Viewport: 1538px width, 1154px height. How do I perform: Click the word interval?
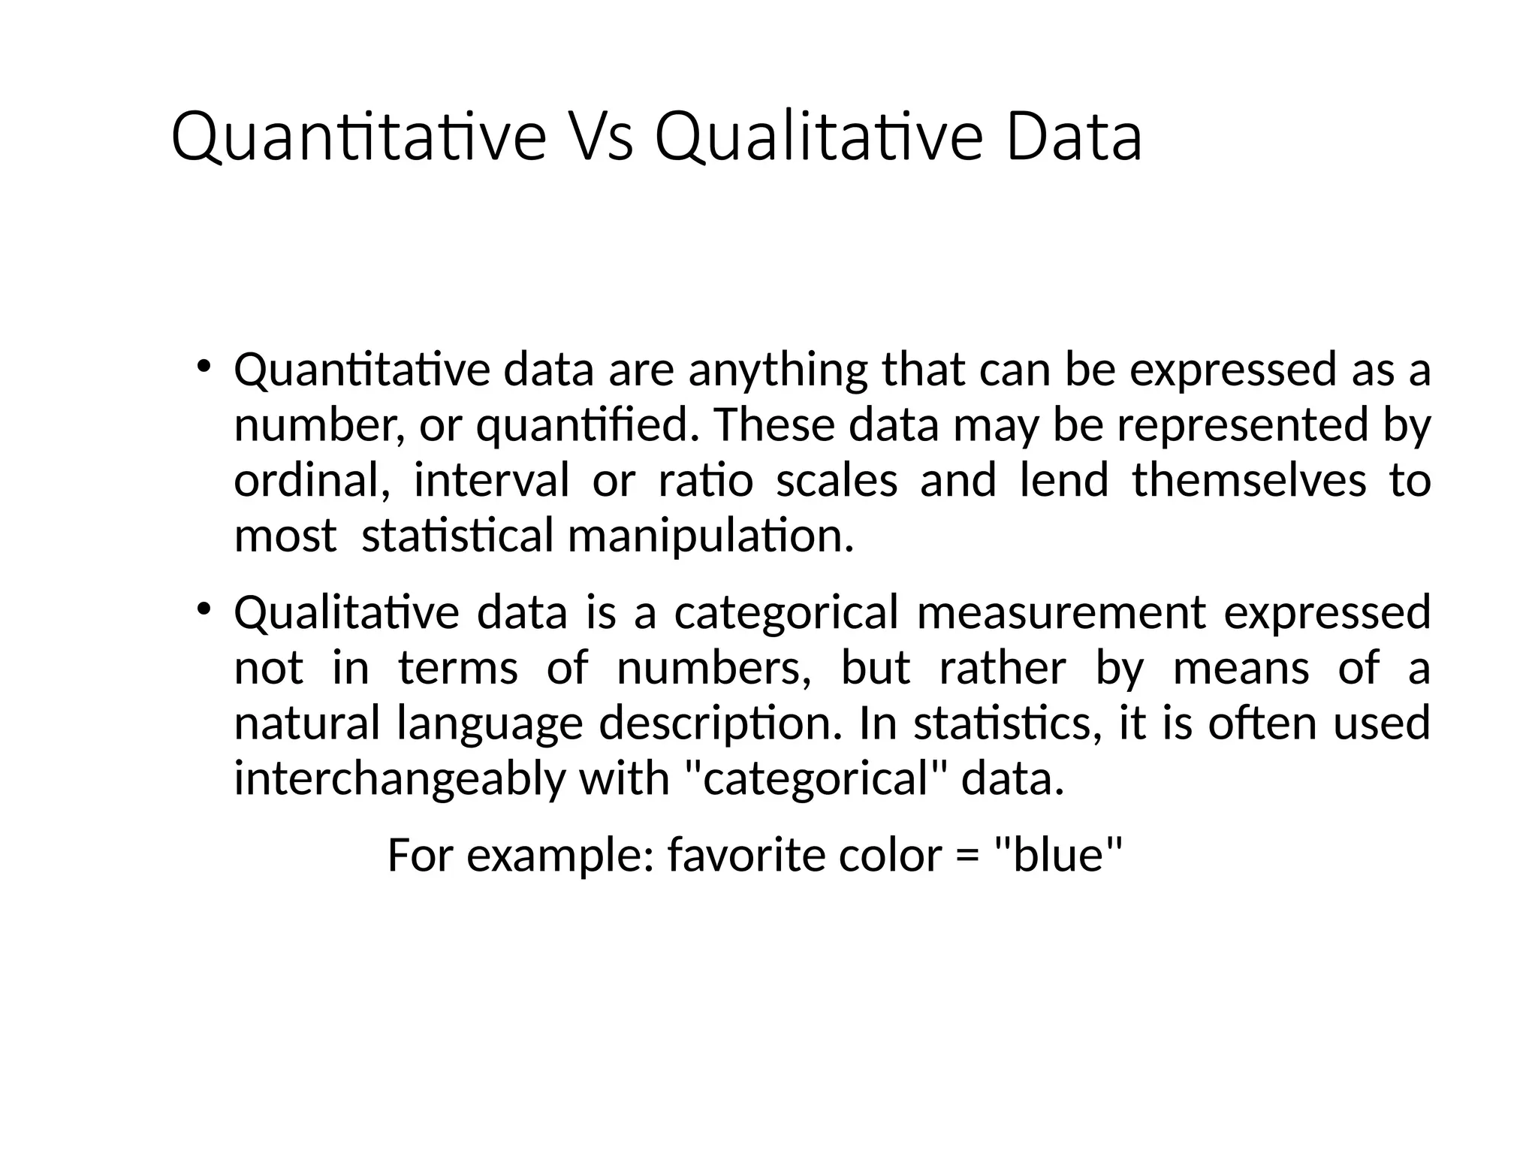pos(491,481)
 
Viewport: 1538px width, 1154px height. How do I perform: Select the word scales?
pos(836,481)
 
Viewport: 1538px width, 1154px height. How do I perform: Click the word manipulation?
pos(710,536)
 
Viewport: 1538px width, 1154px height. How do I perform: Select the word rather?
pos(1003,668)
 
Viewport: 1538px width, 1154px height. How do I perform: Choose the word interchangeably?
pos(399,778)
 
